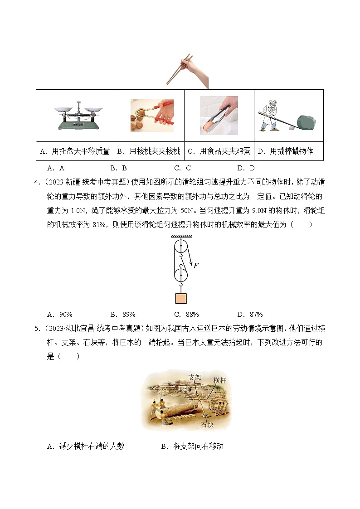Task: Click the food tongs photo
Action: [219, 116]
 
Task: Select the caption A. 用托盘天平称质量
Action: [75, 151]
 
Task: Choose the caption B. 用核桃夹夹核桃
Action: [149, 151]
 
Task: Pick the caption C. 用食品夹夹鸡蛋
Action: [219, 151]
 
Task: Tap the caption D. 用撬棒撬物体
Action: [288, 151]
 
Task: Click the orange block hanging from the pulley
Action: [180, 298]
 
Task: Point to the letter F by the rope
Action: [196, 266]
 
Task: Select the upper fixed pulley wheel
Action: [180, 247]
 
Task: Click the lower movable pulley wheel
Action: [180, 275]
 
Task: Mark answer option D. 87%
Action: [250, 315]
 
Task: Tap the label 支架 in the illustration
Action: [194, 377]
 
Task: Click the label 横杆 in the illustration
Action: [219, 381]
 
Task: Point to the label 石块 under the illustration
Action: [207, 425]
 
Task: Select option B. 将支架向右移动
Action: [192, 446]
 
